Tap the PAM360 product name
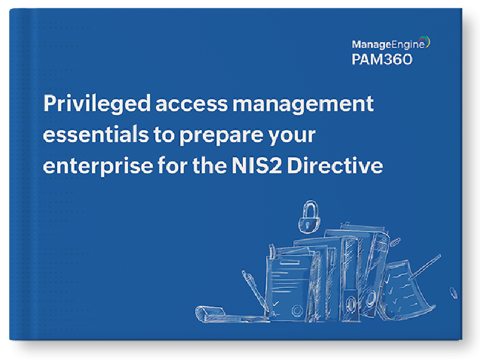[382, 59]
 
